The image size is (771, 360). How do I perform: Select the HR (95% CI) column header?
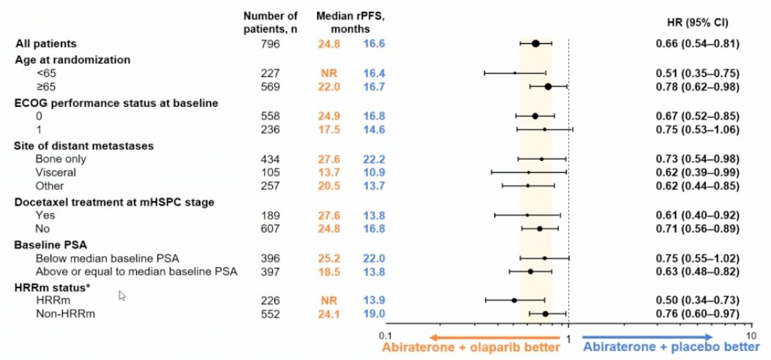coord(698,23)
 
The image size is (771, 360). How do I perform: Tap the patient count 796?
coord(271,44)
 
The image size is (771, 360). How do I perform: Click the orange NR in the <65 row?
coord(329,73)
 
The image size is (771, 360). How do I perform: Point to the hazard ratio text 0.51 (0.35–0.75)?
coord(698,73)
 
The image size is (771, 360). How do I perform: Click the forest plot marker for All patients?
coord(535,44)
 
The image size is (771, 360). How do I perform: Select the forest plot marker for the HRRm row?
coord(514,300)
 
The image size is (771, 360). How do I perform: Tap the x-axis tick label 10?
coord(752,335)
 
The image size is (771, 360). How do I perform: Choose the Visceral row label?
coord(56,172)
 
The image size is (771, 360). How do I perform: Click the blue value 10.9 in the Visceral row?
coord(374,172)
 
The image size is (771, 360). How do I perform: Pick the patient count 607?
coord(271,229)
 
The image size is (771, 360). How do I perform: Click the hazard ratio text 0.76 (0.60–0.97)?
coord(698,313)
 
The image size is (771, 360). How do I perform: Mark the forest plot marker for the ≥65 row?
coord(548,86)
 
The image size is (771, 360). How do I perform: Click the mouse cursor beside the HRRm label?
coord(122,296)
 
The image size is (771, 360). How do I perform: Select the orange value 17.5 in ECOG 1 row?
coord(329,130)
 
